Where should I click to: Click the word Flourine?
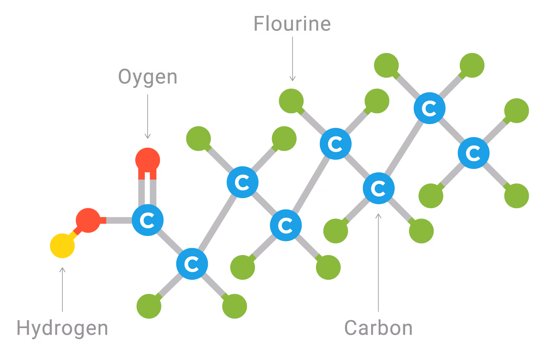tap(292, 24)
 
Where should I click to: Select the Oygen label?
tap(148, 77)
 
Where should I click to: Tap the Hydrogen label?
tap(62, 328)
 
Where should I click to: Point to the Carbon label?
tap(378, 328)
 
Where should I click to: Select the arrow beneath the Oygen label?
tap(148, 116)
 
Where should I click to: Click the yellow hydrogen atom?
tap(62, 246)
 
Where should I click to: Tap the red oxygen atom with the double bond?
tap(148, 160)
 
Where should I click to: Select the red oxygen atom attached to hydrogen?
tap(88, 220)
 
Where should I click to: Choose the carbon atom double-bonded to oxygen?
tap(148, 220)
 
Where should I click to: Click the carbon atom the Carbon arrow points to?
tap(378, 188)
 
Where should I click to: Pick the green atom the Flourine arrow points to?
tap(291, 101)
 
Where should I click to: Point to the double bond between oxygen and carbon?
tap(148, 191)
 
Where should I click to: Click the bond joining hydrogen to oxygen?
tap(76, 233)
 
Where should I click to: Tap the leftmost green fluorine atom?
tap(149, 306)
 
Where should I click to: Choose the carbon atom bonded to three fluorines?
tap(473, 153)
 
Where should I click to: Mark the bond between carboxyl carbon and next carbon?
tap(170, 242)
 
